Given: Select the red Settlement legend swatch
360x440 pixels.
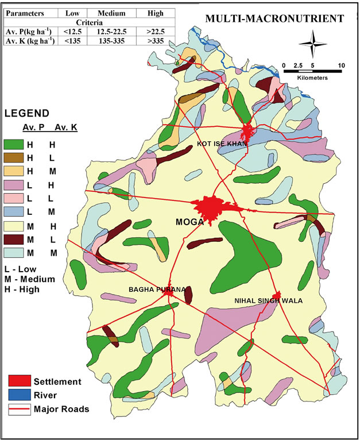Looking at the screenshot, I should pyautogui.click(x=19, y=381).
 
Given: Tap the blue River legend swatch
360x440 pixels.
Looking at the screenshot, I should pyautogui.click(x=19, y=395).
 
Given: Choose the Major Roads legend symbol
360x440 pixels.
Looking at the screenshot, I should pyautogui.click(x=19, y=409).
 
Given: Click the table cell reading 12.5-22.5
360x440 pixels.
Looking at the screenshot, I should pyautogui.click(x=111, y=32).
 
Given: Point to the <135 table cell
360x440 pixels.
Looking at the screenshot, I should pyautogui.click(x=72, y=41).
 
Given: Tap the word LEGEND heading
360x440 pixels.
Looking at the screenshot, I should pyautogui.click(x=26, y=113).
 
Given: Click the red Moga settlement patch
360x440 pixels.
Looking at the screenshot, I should pyautogui.click(x=210, y=208).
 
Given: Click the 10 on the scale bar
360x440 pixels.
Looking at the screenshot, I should pyautogui.click(x=342, y=65).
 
